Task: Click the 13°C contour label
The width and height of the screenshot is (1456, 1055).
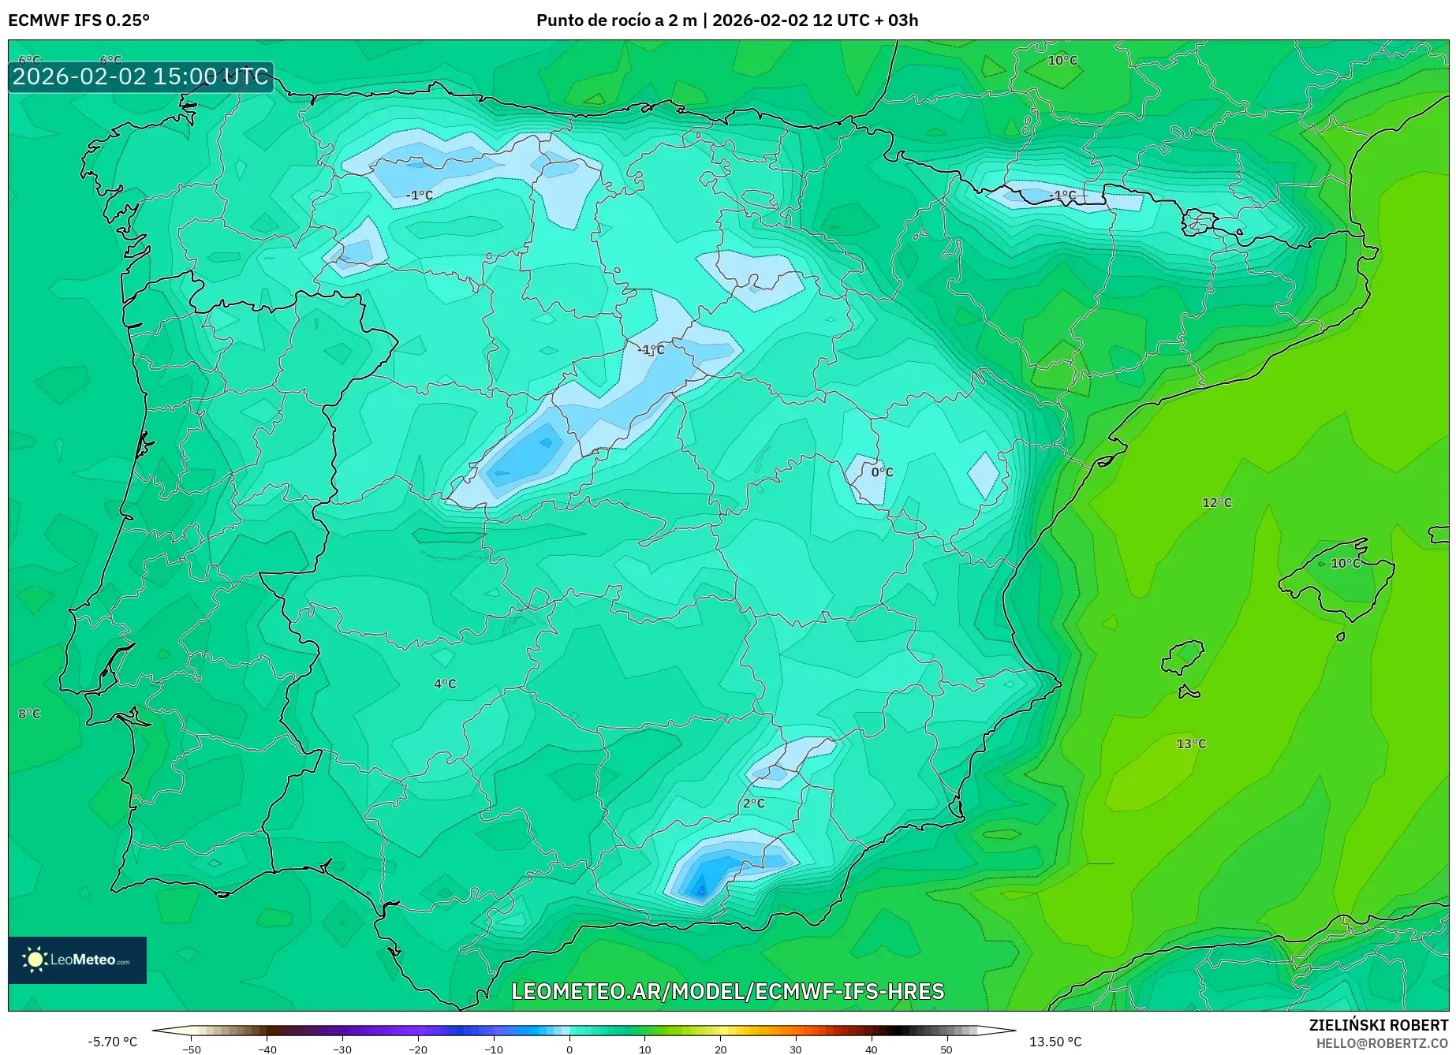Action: tap(1190, 744)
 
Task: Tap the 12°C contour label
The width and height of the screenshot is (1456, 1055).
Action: tap(1216, 502)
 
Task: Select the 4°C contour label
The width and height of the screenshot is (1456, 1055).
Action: tap(445, 684)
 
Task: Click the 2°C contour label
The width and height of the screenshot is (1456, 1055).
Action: tap(753, 803)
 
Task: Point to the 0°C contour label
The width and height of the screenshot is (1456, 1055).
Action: tap(882, 472)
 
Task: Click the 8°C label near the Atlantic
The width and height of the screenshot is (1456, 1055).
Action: tap(29, 714)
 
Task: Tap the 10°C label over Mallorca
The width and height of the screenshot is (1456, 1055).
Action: tap(1345, 563)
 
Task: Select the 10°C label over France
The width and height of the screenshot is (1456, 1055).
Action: tap(1062, 60)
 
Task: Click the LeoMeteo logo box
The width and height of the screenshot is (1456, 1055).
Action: tap(77, 960)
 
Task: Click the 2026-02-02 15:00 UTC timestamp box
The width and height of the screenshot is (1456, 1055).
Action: tap(140, 76)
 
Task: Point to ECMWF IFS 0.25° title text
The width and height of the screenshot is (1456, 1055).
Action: tap(79, 21)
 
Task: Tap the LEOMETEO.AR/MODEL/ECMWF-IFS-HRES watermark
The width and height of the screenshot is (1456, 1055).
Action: tap(727, 991)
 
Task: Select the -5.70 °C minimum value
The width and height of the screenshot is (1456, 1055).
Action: tap(112, 1042)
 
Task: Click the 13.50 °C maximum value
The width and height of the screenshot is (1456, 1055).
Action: tap(1055, 1042)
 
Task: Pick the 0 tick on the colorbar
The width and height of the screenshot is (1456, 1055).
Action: tap(569, 1049)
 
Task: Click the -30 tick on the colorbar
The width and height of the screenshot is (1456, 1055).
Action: tap(342, 1049)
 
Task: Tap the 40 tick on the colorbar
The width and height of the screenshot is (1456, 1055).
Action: tap(871, 1049)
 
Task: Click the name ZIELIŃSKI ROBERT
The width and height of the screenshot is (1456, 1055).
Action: tap(1378, 1025)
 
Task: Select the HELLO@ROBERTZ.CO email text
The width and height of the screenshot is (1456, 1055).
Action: tap(1381, 1043)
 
